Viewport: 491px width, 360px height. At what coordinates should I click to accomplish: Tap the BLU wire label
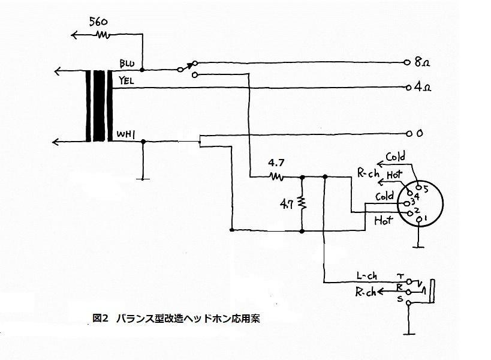point(126,63)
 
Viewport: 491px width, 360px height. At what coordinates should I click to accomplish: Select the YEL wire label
point(127,80)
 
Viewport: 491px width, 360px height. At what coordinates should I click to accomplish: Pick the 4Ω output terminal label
point(422,86)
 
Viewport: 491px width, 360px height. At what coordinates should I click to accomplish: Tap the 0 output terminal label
point(421,133)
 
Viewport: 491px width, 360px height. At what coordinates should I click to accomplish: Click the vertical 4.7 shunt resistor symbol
point(302,203)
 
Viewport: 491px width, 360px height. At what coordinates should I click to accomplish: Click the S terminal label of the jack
point(400,299)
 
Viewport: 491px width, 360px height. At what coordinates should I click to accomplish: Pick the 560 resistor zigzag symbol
point(103,35)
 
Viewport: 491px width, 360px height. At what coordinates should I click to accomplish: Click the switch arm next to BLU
point(188,66)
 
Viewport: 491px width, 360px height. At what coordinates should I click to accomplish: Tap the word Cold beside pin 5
point(396,158)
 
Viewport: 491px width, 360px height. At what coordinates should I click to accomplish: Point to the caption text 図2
point(100,318)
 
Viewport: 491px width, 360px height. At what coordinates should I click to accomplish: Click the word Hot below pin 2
point(383,221)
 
